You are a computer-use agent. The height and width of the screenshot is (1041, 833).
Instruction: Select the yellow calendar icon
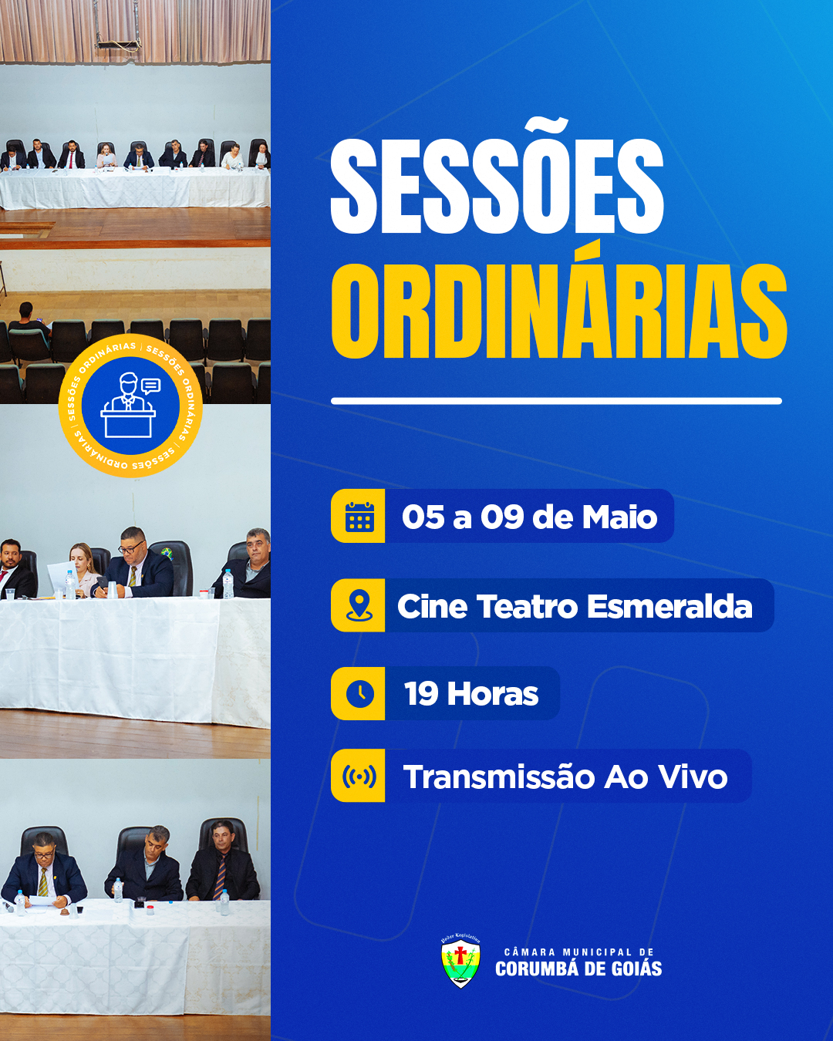click(359, 516)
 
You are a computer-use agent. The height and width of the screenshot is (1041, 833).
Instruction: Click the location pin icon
click(359, 605)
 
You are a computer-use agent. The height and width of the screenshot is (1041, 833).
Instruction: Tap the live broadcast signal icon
click(359, 776)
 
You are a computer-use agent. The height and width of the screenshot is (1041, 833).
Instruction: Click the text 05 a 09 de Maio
click(530, 517)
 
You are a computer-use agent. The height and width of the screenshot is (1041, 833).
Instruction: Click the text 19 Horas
click(471, 694)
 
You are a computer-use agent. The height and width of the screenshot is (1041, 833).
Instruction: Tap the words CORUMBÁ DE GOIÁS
click(578, 969)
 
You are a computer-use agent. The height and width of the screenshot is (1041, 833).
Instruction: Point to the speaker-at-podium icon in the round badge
click(130, 405)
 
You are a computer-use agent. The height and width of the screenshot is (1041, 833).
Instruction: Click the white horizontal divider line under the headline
click(556, 400)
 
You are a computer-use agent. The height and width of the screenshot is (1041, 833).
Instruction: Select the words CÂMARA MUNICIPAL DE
click(579, 952)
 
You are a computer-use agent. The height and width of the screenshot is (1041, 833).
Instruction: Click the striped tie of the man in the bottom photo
click(220, 877)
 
